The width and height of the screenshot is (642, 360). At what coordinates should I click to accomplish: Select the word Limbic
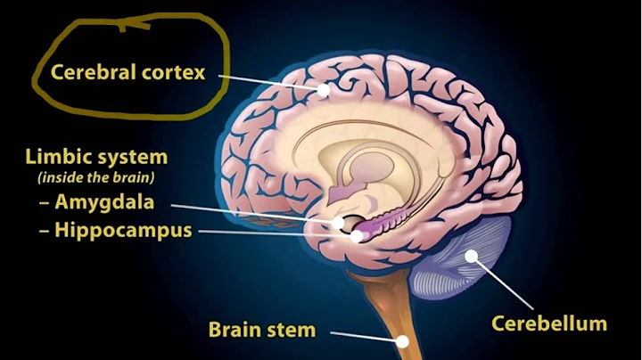click(53, 158)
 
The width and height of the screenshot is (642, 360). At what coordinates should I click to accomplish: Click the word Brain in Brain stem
click(235, 330)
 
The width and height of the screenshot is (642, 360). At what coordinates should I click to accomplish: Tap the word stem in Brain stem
click(292, 330)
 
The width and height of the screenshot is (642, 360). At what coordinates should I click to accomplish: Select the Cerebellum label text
click(548, 323)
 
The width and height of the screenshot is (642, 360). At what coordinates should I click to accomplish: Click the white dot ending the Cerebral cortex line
click(324, 90)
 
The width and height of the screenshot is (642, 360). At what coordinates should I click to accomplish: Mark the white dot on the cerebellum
click(470, 258)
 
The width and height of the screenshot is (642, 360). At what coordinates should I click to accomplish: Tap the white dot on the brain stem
click(404, 340)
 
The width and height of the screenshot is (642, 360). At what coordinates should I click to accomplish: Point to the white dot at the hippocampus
click(356, 237)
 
